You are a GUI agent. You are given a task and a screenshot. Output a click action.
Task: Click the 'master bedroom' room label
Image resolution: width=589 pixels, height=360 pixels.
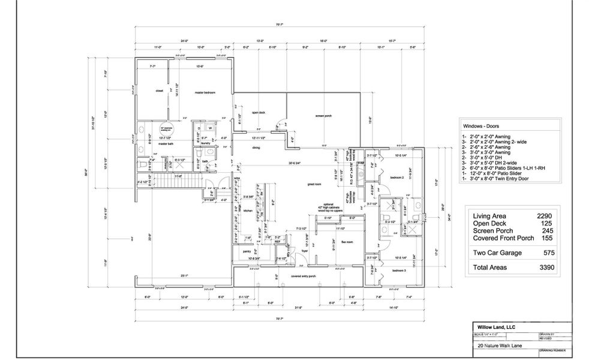click(205, 92)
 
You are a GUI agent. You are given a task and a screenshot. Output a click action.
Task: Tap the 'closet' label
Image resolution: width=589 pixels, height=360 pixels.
click(160, 91)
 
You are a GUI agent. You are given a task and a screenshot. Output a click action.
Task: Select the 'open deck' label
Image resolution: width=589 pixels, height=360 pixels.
click(259, 112)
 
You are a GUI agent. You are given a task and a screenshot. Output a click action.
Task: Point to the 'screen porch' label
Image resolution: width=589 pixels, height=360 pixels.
click(323, 115)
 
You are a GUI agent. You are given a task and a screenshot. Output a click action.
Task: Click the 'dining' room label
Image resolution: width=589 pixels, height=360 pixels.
click(256, 147)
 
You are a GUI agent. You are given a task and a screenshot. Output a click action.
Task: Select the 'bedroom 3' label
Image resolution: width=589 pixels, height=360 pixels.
click(398, 271)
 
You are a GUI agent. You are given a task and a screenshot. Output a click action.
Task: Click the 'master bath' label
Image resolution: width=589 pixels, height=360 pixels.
click(166, 144)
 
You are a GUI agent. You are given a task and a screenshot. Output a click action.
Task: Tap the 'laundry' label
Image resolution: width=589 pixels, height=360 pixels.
click(205, 143)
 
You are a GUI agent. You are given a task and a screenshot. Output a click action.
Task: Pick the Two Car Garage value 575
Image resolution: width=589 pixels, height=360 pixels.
click(548, 253)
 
